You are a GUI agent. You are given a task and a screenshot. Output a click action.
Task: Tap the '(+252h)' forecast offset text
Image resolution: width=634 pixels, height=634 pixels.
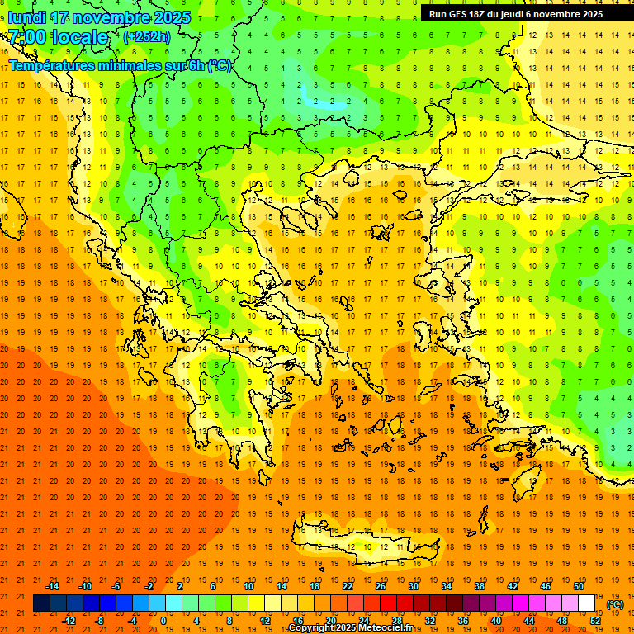coord(147,36)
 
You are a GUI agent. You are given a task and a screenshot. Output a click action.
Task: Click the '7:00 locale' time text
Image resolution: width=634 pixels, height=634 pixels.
coord(58,37)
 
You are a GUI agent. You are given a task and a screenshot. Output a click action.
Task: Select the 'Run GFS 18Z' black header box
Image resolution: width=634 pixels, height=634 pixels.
coord(516,14)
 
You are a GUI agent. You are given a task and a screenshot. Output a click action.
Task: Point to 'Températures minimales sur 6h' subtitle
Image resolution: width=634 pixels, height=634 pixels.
coord(121,66)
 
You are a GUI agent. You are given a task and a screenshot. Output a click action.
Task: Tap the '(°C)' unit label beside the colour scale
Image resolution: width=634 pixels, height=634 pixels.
coord(614,604)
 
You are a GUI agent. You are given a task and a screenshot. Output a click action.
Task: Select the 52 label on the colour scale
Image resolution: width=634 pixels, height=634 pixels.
coord(594,621)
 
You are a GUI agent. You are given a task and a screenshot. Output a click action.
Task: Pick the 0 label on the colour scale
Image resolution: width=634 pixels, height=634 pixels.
coord(163,621)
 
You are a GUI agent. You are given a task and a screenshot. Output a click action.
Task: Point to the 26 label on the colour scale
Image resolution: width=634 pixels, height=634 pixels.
coord(381,586)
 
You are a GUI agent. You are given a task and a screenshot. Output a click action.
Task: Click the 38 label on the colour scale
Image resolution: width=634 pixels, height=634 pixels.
coord(480,586)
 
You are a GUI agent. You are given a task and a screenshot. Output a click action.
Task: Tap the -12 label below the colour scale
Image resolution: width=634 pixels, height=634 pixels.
coord(69,621)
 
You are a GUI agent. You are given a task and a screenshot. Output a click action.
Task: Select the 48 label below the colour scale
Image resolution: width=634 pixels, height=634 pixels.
coord(561,621)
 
